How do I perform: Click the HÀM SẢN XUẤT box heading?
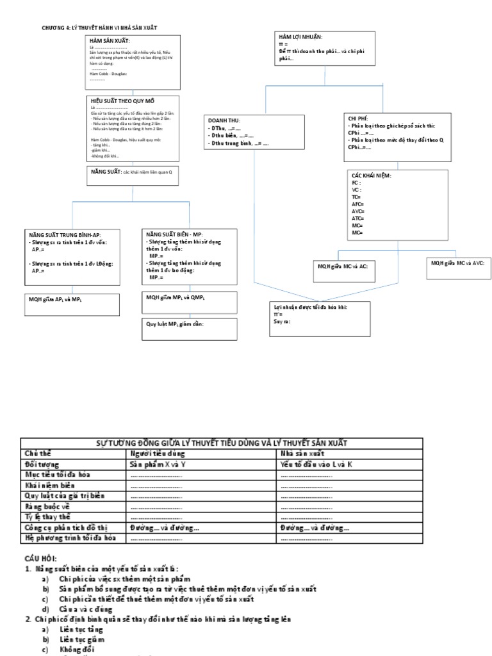(x=110, y=41)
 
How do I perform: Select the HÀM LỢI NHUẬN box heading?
(x=300, y=37)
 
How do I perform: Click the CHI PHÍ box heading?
(x=358, y=119)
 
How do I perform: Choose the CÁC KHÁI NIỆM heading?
(x=372, y=176)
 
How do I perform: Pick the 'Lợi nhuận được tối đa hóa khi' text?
(x=311, y=307)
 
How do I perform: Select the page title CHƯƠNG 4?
(x=99, y=28)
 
